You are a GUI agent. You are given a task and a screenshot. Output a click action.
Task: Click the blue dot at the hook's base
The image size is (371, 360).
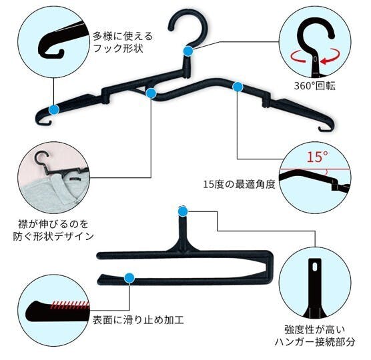coord(188,51)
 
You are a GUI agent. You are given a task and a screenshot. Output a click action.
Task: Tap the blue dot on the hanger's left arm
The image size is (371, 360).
coord(54,110)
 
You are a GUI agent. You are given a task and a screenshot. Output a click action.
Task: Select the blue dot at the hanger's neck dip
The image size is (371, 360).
coord(151,93)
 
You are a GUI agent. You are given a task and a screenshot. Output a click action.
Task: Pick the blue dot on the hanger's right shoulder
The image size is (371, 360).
coord(238,87)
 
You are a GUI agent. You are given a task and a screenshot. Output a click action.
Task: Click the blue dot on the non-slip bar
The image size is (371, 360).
coord(129,278)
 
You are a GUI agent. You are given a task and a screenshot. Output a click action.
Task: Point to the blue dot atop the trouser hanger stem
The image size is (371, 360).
coord(183,211)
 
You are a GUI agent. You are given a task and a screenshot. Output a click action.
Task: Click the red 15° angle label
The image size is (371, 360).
coord(318,157)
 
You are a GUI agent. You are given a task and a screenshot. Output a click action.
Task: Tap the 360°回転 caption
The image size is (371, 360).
coord(314,85)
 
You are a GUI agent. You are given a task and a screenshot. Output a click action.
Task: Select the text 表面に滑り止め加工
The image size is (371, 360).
coord(138,320)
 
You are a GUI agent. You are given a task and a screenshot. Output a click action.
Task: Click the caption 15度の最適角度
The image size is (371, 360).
coord(239,184)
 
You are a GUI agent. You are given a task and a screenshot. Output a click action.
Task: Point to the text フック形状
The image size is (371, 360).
coord(118,49)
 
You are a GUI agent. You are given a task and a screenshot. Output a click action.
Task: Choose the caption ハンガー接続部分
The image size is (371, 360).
coord(315,342)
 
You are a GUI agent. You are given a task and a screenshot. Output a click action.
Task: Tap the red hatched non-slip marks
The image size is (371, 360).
coord(69,305)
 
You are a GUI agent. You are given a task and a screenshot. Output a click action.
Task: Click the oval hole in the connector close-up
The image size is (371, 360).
coord(315,267)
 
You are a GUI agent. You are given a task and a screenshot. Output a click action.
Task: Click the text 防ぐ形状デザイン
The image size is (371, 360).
coord(53,236)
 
